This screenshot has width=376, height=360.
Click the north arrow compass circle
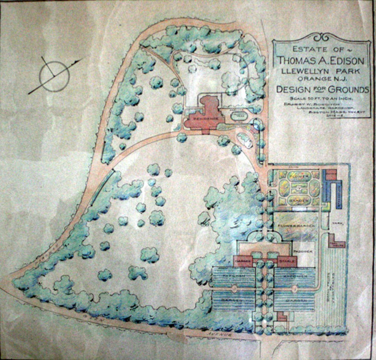[54, 76]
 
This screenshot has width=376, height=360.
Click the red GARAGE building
[243, 261]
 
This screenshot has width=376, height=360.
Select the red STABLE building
[288, 261]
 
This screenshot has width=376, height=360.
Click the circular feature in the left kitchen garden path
[234, 289]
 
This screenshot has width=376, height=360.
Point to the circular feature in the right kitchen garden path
[295, 289]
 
